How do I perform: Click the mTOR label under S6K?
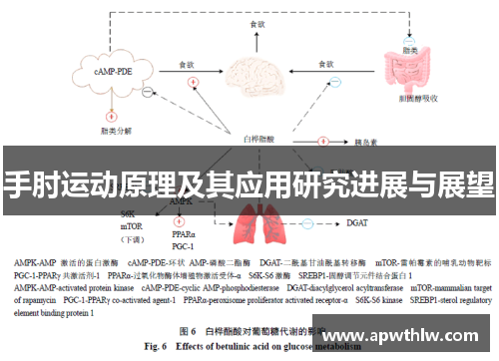(131, 226)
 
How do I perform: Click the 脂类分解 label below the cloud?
(117, 129)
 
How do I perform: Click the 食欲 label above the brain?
(258, 24)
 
